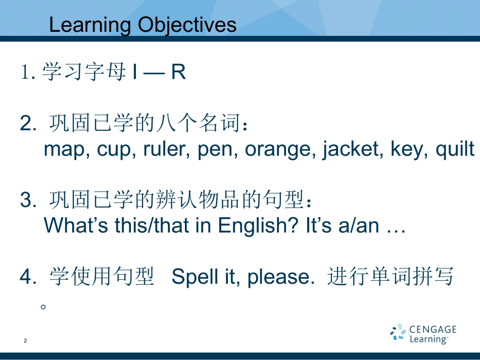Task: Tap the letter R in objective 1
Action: click(178, 72)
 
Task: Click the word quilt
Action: click(455, 149)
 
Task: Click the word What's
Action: click(76, 225)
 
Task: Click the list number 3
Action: click(28, 200)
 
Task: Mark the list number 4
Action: click(28, 276)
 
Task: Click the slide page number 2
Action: click(25, 340)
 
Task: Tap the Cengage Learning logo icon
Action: click(398, 332)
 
